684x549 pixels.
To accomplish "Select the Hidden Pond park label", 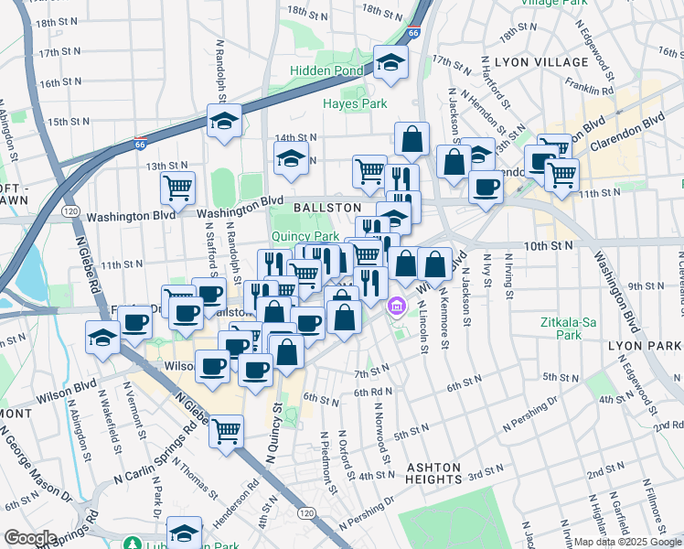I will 327,70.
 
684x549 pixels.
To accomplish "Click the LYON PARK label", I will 645,346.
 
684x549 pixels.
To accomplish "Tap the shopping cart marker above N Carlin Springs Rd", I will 226,428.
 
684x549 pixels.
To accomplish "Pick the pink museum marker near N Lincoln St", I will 397,306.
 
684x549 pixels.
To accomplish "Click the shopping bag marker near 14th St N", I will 412,138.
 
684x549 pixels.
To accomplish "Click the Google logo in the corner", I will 30,538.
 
